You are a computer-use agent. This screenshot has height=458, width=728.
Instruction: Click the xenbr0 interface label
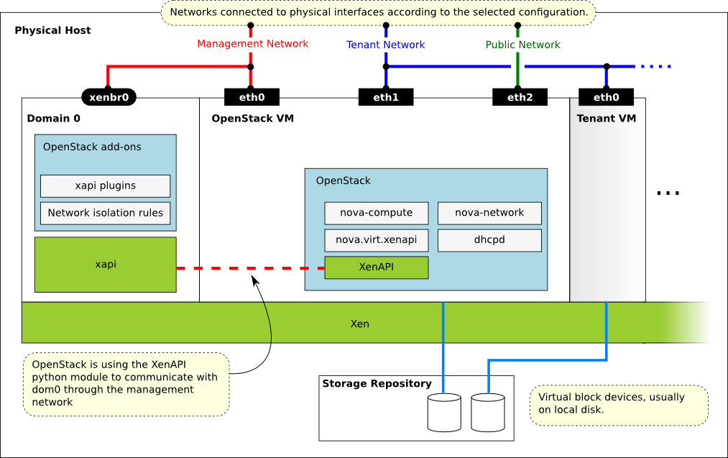109,97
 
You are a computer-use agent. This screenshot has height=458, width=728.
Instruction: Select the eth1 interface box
386,97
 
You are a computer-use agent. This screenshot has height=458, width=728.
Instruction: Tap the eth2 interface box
520,97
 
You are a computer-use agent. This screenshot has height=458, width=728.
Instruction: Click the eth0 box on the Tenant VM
606,97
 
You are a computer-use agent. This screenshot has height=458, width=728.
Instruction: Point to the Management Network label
252,44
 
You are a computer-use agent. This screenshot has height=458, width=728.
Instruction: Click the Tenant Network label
386,45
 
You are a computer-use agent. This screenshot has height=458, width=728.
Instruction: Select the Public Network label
522,45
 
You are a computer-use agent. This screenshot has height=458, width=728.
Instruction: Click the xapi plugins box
105,186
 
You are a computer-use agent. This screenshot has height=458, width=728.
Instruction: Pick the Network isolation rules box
105,213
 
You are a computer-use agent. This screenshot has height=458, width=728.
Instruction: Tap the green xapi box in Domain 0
105,265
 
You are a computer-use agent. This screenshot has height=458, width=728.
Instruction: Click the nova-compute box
376,213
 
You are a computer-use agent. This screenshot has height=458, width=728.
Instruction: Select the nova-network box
489,213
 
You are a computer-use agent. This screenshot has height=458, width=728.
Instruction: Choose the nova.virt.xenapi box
376,239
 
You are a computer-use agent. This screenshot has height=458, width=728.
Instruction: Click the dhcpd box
489,239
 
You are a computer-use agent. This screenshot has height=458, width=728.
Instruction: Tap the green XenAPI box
376,267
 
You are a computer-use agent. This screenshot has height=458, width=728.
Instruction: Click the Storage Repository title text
377,384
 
